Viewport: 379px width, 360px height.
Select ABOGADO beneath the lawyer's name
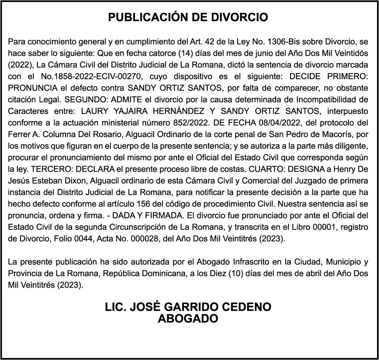pos(188,319)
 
